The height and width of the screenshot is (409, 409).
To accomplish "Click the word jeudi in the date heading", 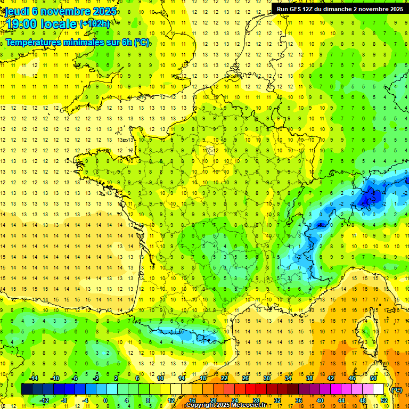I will pos(17,11).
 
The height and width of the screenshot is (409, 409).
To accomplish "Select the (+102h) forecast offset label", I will pos(95,23).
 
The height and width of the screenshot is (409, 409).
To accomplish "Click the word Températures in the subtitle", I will pos(32,43).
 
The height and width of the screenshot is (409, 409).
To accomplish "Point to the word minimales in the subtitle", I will pos(82,43).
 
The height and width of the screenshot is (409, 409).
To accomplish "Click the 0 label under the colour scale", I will pos(105,400).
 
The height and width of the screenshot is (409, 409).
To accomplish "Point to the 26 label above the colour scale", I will pos(246,378).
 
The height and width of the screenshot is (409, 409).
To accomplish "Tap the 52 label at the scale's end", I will pos(384,400).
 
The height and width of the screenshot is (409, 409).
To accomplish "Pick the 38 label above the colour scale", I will pos(309,378).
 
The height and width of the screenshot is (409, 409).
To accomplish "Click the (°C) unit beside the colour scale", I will pos(396,390).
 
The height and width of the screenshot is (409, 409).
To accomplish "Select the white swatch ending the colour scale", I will pos(379,389).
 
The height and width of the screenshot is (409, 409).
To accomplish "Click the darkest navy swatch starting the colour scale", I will pos(27,389).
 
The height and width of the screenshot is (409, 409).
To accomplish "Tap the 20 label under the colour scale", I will pos(214,400).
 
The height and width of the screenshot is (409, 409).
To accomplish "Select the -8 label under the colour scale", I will pos(64,400).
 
